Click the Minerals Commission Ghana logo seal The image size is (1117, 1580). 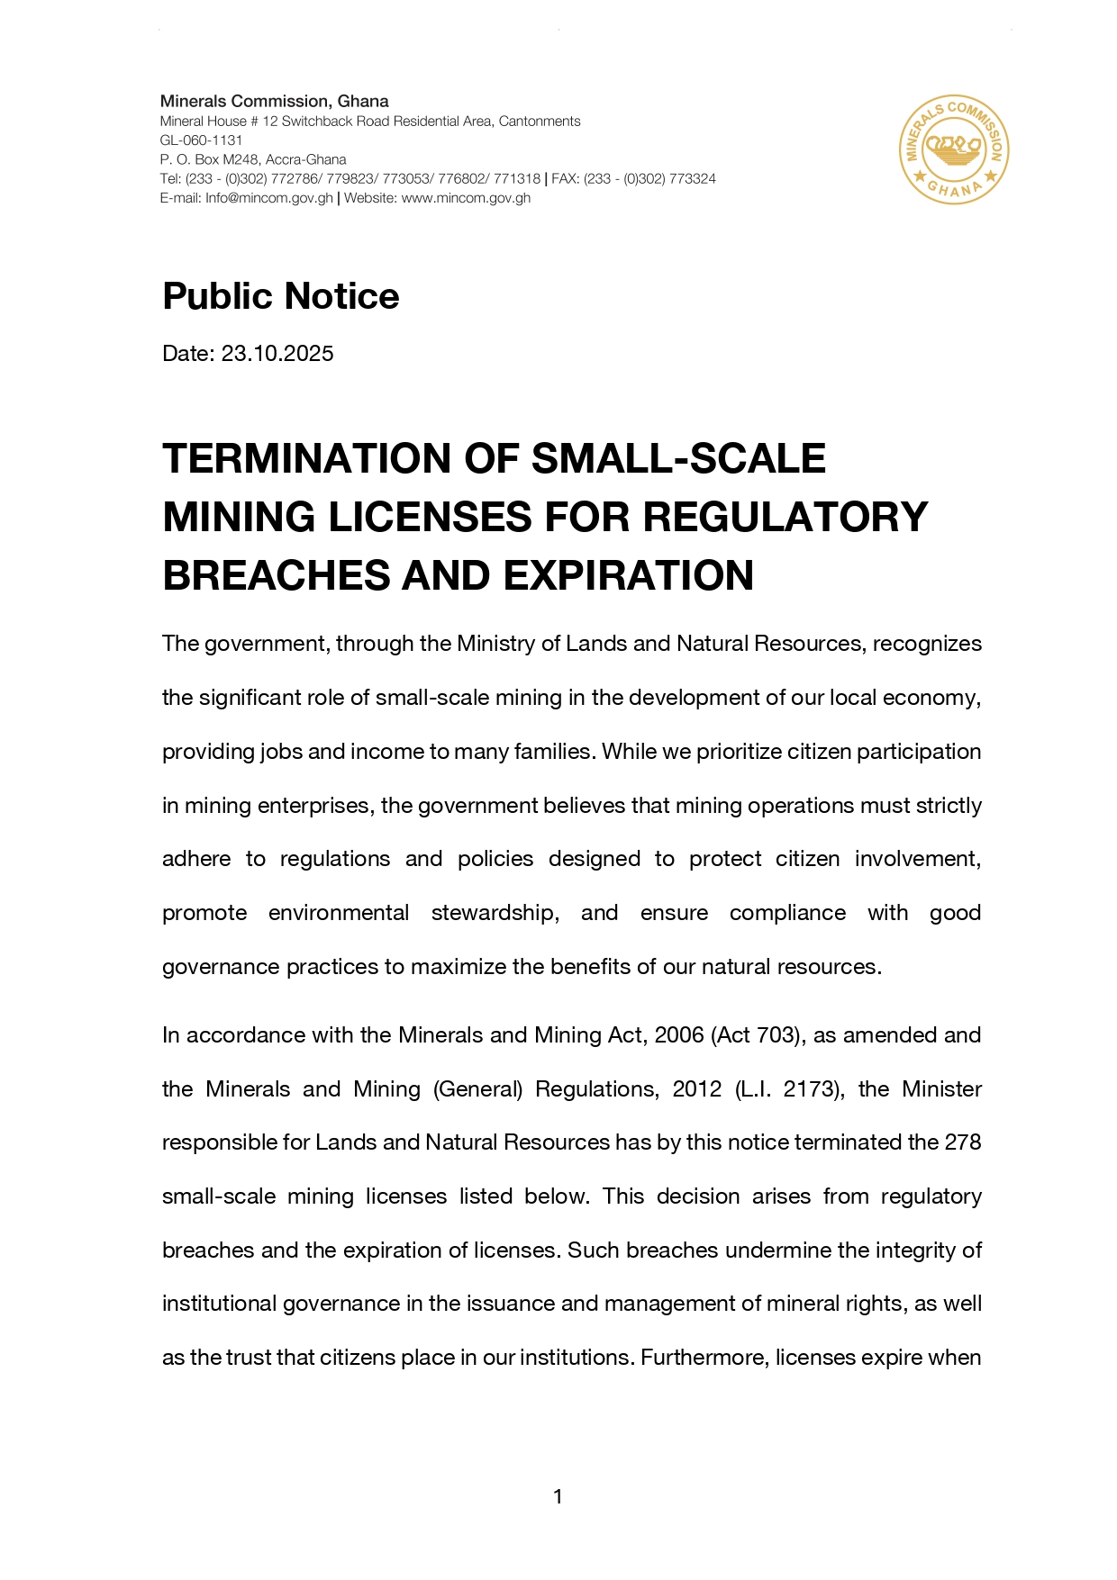(954, 149)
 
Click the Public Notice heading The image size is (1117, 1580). (280, 296)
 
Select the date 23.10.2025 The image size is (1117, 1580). (277, 354)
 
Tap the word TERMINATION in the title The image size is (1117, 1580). (306, 458)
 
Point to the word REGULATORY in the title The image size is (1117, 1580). (786, 518)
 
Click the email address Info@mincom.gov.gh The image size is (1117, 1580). (269, 198)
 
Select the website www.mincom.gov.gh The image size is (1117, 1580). (465, 198)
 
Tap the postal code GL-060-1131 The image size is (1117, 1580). (202, 140)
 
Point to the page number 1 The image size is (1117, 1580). (558, 1497)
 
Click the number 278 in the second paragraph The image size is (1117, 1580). (962, 1142)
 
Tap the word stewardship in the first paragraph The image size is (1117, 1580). (495, 913)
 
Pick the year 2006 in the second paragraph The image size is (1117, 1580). (679, 1035)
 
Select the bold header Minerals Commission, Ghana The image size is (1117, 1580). (275, 102)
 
